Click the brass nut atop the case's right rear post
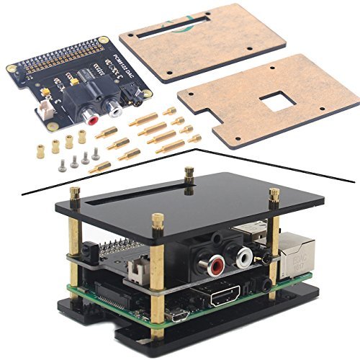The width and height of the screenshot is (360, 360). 274,193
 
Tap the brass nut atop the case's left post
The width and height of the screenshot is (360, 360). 73,192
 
